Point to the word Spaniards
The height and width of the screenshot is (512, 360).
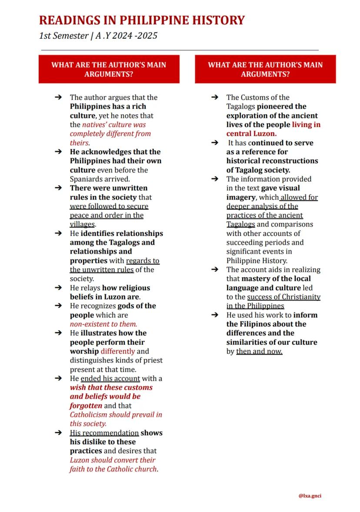tap(87, 179)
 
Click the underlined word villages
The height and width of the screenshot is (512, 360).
tap(82, 224)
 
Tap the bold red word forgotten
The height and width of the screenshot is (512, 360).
tap(86, 406)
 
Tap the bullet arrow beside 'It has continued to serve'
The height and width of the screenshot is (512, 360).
tap(215, 143)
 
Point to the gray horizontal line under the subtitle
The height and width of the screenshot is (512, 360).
tap(178, 50)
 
